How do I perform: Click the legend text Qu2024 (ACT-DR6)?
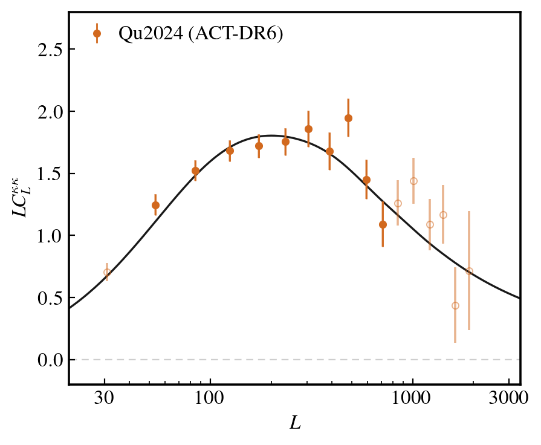pyautogui.click(x=201, y=34)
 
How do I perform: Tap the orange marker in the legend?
pyautogui.click(x=97, y=34)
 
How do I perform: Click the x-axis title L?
pyautogui.click(x=295, y=423)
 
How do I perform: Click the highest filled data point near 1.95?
pyautogui.click(x=348, y=118)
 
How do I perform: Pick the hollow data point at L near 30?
pyautogui.click(x=107, y=272)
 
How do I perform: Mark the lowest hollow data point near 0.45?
pyautogui.click(x=455, y=305)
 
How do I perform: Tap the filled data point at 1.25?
pyautogui.click(x=155, y=205)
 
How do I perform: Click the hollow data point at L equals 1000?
pyautogui.click(x=413, y=181)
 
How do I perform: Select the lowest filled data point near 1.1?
pyautogui.click(x=383, y=224)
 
